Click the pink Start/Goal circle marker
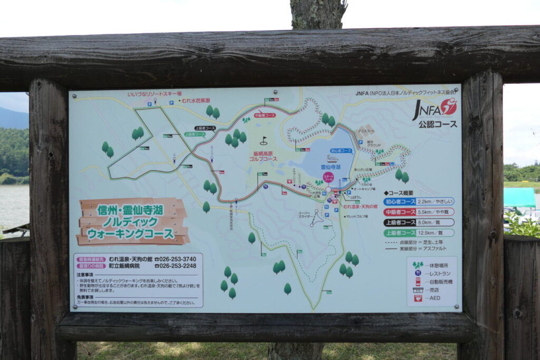click(x=328, y=177)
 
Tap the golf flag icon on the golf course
click(x=264, y=141)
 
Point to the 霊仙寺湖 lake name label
click(x=331, y=167)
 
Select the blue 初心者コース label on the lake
click(x=341, y=151)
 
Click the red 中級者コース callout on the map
click(x=265, y=115)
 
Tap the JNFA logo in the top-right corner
click(x=435, y=108)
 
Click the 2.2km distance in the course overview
click(x=425, y=201)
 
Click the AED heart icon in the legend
click(x=418, y=298)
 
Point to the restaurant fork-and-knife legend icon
click(x=418, y=273)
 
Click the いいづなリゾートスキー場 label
click(x=155, y=94)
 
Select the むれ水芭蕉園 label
click(x=196, y=100)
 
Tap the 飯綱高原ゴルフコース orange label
click(x=262, y=156)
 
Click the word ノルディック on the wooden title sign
click(x=133, y=221)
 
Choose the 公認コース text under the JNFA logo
click(x=438, y=124)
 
